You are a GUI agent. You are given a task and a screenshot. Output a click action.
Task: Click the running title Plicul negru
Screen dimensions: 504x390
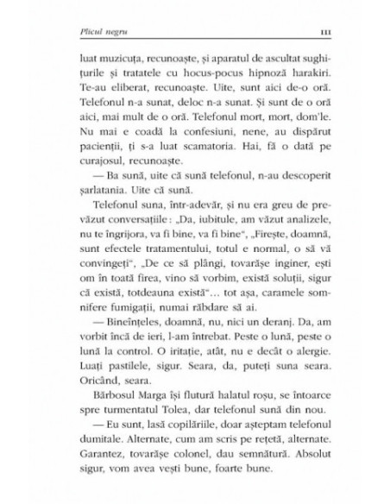(79, 31)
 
